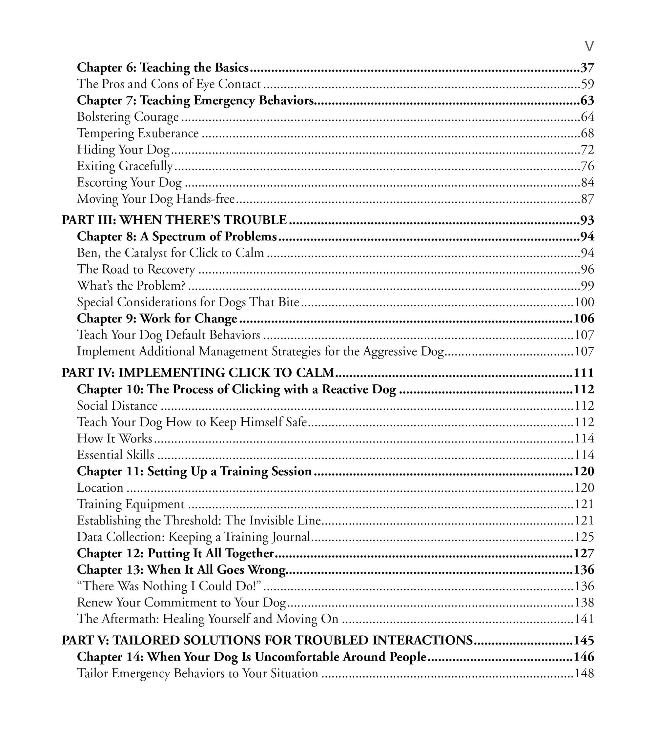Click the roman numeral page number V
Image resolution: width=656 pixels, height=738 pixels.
click(x=589, y=46)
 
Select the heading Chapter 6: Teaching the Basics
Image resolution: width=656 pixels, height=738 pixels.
click(x=162, y=68)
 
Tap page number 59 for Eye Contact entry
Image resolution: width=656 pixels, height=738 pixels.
click(x=587, y=84)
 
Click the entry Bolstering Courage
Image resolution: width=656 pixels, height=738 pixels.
click(x=128, y=117)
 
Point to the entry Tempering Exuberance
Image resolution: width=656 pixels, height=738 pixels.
click(x=137, y=133)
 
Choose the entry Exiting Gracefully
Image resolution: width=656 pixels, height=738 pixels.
click(x=125, y=166)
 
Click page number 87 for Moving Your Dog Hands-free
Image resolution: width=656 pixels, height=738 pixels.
click(x=587, y=199)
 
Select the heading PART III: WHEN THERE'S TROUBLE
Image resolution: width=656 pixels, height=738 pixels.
click(x=174, y=220)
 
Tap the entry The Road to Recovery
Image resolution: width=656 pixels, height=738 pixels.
click(x=136, y=269)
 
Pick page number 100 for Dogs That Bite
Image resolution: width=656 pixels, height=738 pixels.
click(x=584, y=302)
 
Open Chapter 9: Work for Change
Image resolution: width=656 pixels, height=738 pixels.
click(x=157, y=318)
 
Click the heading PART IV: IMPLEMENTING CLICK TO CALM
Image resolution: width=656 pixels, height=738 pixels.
click(x=198, y=373)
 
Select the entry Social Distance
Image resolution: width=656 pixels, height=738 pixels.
click(x=117, y=406)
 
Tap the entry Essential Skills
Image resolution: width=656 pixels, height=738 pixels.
click(x=115, y=455)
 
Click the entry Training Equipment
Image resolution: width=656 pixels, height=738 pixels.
click(x=131, y=504)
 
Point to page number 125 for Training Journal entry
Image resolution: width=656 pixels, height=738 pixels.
click(x=584, y=537)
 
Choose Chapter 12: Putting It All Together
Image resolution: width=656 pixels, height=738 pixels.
click(x=175, y=554)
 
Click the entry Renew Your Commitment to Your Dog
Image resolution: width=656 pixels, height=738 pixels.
click(x=181, y=603)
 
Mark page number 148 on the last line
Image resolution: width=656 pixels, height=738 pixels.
click(x=584, y=673)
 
